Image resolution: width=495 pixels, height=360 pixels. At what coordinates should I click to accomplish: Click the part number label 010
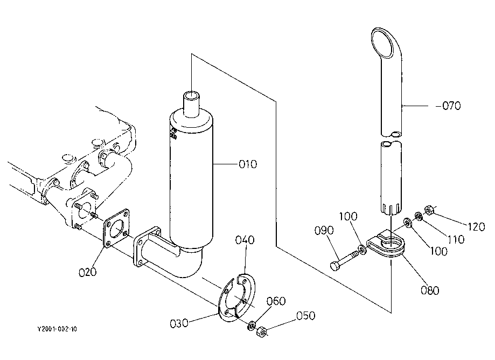248,164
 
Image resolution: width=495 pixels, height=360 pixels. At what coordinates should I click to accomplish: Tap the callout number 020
87,272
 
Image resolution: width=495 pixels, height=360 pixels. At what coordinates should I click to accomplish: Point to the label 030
179,323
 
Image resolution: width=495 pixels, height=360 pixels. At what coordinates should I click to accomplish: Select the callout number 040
245,240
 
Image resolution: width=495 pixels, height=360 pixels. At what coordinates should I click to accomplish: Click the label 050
305,315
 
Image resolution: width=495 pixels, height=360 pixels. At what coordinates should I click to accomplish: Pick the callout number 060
276,301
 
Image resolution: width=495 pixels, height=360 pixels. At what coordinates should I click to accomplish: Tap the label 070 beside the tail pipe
451,106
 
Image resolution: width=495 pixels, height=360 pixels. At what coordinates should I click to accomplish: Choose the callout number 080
430,290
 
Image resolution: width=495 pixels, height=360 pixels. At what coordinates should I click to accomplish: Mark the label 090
324,230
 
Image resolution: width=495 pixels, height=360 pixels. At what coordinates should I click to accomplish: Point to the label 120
476,226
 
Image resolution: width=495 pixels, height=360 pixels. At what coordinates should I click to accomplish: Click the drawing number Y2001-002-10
57,329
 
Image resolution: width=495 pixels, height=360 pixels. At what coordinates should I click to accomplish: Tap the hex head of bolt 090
335,265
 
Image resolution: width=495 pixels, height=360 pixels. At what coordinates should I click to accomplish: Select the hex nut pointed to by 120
428,210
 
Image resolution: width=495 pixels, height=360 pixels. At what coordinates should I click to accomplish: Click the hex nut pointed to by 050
261,332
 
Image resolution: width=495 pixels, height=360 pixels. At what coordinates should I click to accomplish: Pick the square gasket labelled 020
117,228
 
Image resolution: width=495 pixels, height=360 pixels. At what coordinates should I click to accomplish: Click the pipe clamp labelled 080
386,244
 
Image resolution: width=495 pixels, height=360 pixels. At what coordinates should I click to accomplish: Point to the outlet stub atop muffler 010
192,103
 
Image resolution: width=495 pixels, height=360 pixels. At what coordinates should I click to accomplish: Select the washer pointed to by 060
252,326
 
